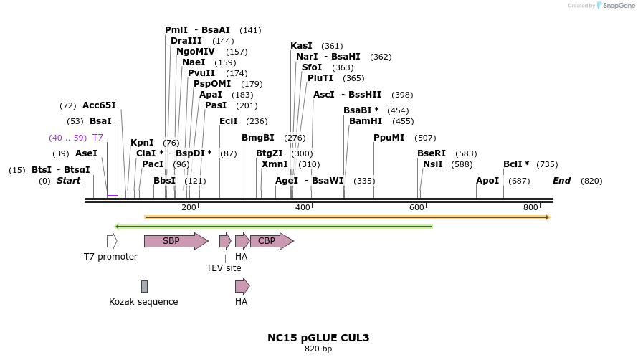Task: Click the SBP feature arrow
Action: click(175, 241)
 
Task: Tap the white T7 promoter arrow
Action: click(112, 241)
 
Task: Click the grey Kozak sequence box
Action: click(144, 286)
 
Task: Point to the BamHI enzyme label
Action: click(366, 121)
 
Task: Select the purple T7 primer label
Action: click(98, 138)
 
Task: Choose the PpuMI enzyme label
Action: click(389, 138)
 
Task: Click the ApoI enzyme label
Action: click(487, 181)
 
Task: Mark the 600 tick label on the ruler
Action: click(416, 207)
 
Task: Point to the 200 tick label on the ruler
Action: click(189, 207)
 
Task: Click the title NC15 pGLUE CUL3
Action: click(318, 338)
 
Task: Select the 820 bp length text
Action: click(318, 349)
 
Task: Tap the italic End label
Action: click(561, 181)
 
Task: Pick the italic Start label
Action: click(69, 181)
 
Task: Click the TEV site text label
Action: click(224, 267)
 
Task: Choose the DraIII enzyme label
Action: click(186, 41)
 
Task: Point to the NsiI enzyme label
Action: click(433, 164)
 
